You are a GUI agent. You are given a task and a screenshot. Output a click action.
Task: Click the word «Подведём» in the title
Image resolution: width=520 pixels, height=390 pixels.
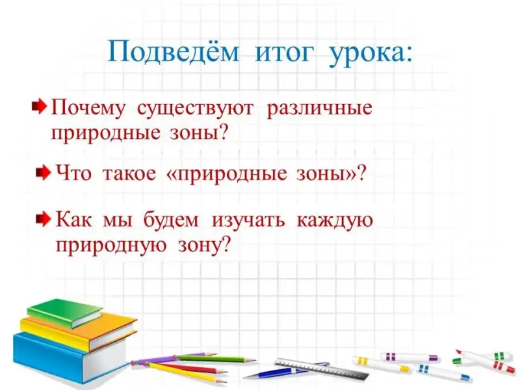173,53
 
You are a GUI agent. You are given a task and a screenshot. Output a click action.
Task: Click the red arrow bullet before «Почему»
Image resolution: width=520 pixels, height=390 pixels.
39,107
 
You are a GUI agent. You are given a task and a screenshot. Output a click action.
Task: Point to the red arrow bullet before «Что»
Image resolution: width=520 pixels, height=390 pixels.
44,172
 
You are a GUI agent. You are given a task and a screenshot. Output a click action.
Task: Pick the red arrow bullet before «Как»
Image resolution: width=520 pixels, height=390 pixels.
44,218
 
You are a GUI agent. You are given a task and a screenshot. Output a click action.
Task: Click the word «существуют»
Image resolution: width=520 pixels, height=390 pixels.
195,109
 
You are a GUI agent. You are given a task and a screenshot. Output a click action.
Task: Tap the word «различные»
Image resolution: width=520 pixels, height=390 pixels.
319,109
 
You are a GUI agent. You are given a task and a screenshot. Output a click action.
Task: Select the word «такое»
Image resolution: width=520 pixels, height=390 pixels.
129,174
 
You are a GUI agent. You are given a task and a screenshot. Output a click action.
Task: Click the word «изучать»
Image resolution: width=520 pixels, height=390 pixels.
248,220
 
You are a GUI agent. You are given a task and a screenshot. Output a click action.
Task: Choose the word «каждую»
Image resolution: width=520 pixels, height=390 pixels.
334,220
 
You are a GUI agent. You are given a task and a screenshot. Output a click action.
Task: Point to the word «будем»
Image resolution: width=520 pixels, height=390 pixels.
171,220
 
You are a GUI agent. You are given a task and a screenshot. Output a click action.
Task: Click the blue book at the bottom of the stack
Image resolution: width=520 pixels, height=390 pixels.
70,356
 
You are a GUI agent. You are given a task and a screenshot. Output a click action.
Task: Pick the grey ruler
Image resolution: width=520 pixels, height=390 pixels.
321,369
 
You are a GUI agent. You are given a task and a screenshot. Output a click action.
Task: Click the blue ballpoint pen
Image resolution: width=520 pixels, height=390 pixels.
285,370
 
